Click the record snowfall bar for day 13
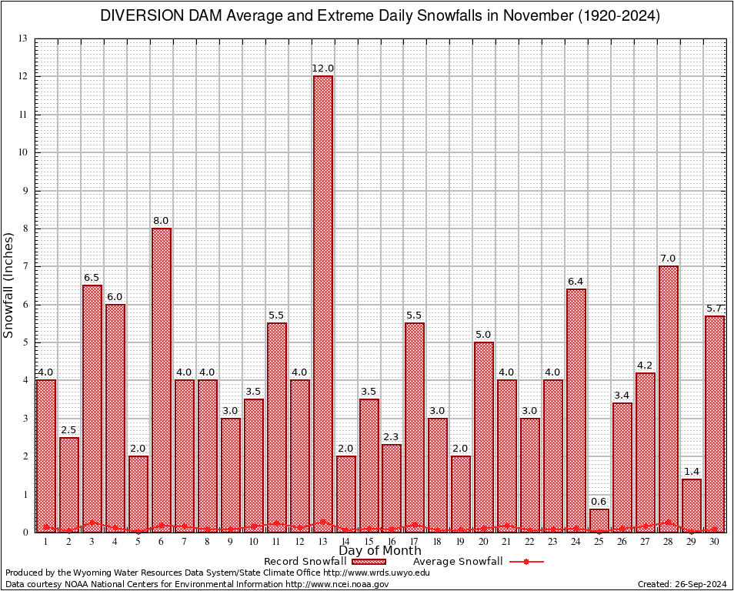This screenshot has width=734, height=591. pyautogui.click(x=322, y=304)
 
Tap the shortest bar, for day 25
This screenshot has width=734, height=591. pyautogui.click(x=599, y=520)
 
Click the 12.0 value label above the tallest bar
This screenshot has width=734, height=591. pyautogui.click(x=322, y=68)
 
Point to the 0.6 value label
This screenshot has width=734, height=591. pyautogui.click(x=599, y=502)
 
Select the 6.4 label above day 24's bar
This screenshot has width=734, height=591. pyautogui.click(x=576, y=282)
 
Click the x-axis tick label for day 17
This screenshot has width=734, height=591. pyautogui.click(x=415, y=542)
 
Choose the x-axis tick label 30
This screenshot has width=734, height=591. pyautogui.click(x=714, y=542)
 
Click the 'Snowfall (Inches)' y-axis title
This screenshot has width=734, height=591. pyautogui.click(x=9, y=285)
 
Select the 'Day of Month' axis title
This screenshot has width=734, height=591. pyautogui.click(x=379, y=551)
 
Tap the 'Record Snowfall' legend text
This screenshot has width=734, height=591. pyautogui.click(x=305, y=562)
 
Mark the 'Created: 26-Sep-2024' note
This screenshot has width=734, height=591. pyautogui.click(x=682, y=584)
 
